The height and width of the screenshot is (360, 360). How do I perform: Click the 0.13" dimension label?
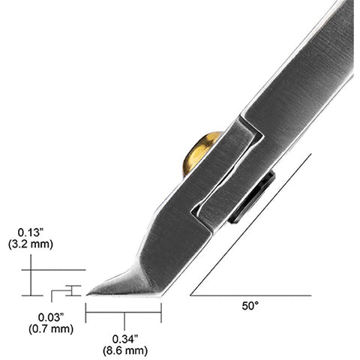point(31,232)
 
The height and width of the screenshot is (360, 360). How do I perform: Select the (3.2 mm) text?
point(31,244)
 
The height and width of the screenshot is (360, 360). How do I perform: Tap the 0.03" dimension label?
point(51,317)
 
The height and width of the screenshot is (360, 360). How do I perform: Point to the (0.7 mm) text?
point(51,328)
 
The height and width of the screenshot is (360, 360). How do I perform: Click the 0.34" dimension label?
point(125,339)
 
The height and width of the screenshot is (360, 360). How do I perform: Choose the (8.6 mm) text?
point(125,351)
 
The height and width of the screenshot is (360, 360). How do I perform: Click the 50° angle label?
point(250,306)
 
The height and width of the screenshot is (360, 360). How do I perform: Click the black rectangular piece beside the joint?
point(252,196)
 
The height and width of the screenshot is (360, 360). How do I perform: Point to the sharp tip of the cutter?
point(87,295)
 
